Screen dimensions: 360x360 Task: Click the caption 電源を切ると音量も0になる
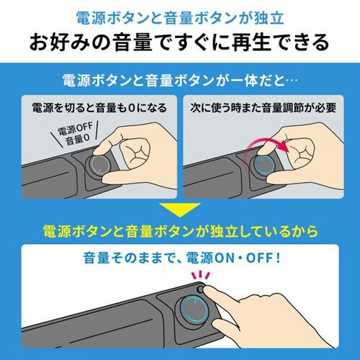pos(99,109)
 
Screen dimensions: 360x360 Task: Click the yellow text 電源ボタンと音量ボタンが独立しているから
pos(180,233)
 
